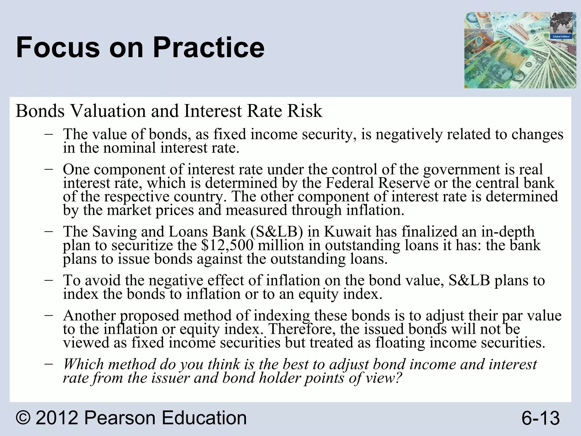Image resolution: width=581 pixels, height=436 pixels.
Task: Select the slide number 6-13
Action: click(x=540, y=418)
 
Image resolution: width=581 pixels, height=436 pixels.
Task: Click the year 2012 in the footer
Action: click(x=57, y=418)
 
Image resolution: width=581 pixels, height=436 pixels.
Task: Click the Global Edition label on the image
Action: click(x=561, y=37)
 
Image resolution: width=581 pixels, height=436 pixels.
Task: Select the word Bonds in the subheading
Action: click(x=40, y=111)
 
